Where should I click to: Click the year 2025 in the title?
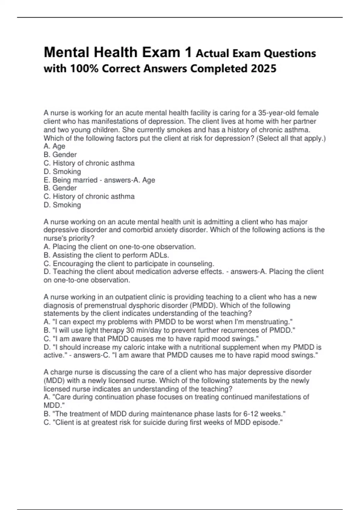(x=263, y=69)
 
